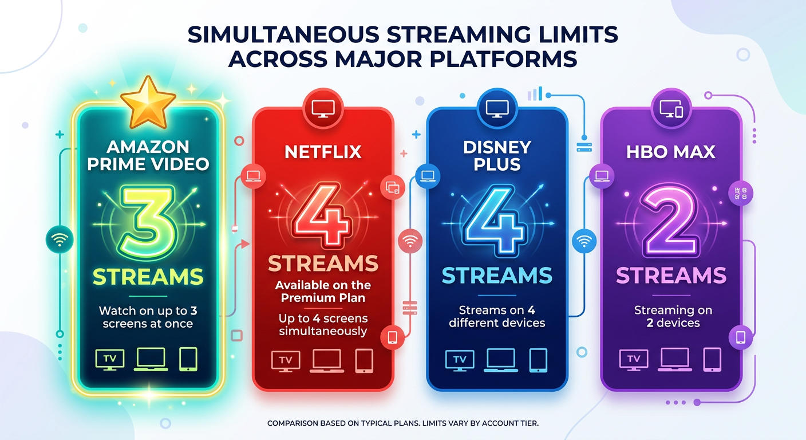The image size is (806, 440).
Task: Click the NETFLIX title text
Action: click(323, 151)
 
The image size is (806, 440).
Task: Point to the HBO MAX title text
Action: click(670, 152)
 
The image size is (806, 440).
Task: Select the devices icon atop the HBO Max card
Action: click(671, 107)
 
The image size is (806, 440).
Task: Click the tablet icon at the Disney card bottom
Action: click(538, 360)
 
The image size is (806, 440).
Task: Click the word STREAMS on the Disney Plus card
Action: click(497, 276)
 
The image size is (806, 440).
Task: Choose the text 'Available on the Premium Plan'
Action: click(323, 291)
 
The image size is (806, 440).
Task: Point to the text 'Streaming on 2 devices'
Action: click(673, 316)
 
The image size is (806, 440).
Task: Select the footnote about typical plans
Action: click(403, 423)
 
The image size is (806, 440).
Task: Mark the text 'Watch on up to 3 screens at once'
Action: click(148, 317)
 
